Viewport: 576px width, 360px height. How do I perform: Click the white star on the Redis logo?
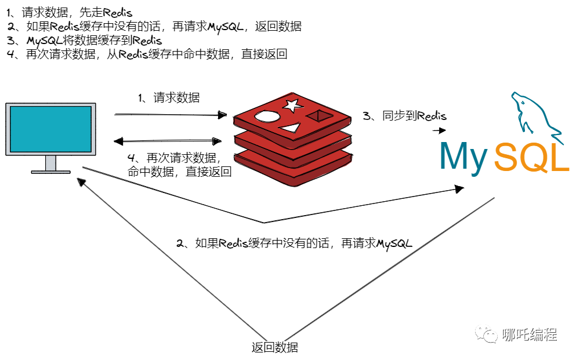(292, 105)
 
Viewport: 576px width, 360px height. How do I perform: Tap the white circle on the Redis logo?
(266, 117)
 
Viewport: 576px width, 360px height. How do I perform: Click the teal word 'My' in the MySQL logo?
(464, 156)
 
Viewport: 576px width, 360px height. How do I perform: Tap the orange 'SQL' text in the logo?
(531, 157)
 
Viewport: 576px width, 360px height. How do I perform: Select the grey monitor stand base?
(50, 172)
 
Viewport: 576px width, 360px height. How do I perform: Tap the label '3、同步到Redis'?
(405, 116)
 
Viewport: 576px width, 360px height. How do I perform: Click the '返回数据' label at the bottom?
(275, 348)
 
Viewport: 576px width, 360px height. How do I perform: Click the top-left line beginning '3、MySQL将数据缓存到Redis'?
(85, 41)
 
